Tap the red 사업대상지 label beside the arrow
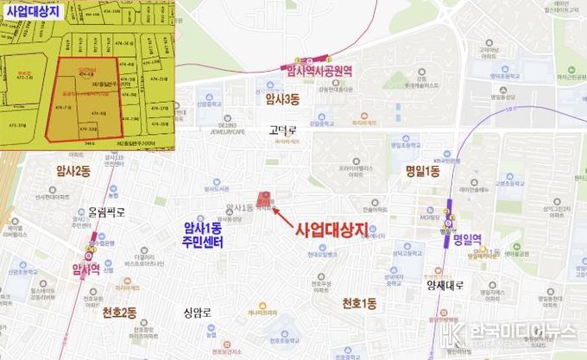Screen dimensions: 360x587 coord(331,229)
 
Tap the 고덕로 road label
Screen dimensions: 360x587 coord(282,130)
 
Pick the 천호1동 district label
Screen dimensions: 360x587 coord(359,303)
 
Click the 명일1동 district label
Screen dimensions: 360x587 coord(422,172)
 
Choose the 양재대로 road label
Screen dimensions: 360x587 coord(445,286)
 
